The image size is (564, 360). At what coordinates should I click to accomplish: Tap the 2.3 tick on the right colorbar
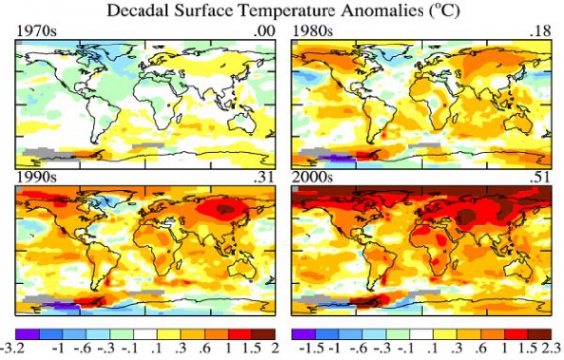552,351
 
